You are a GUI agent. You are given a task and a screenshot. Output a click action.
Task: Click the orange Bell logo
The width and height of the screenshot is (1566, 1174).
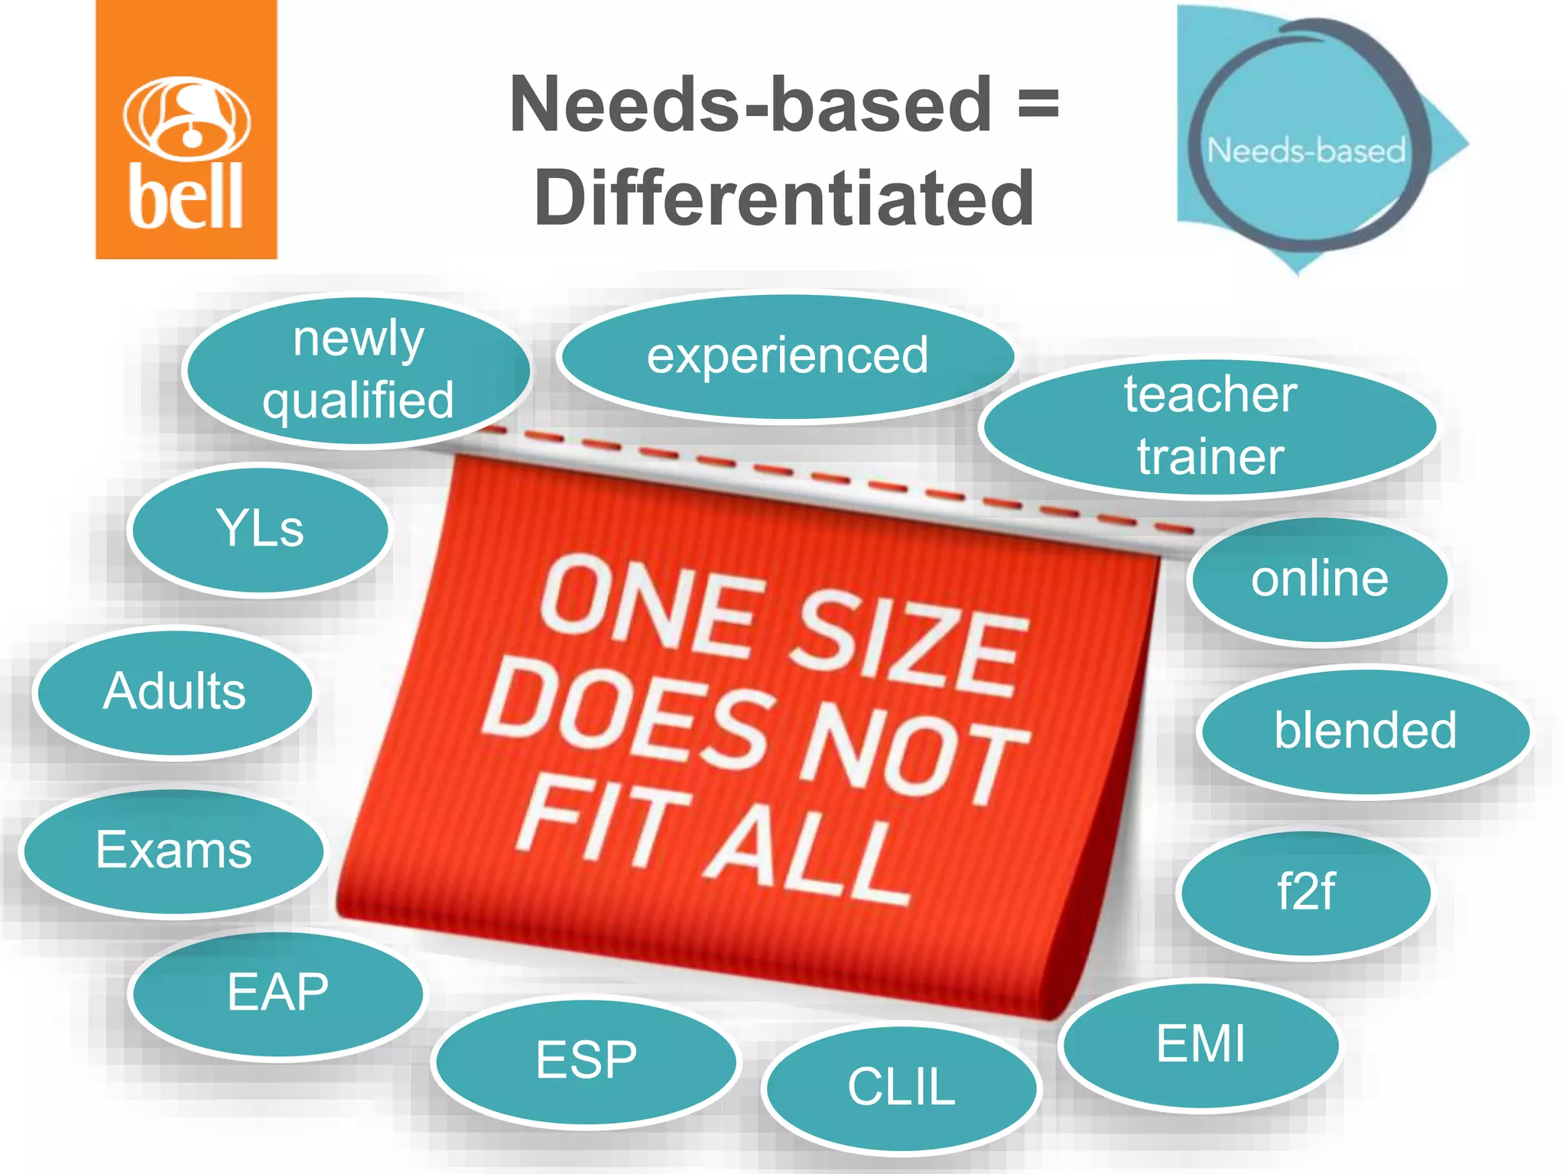[x=186, y=130]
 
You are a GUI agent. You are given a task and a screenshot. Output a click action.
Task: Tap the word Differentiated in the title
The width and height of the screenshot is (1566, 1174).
[x=785, y=198]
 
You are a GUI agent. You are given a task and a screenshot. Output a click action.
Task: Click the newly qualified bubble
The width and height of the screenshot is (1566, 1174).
[x=357, y=371]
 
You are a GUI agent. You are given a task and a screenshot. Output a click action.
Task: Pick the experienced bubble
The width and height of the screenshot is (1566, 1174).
[x=787, y=356]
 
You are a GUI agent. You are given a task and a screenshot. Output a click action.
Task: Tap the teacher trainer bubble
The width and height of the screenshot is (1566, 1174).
[x=1209, y=426]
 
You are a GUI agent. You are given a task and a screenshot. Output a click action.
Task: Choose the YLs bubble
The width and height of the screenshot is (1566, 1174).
[x=260, y=529]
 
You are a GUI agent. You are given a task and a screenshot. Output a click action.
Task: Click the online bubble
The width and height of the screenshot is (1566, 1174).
[x=1319, y=579]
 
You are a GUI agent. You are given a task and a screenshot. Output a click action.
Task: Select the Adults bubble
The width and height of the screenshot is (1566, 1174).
[x=174, y=692]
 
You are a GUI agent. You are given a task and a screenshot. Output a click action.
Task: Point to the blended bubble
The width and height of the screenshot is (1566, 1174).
[x=1365, y=731]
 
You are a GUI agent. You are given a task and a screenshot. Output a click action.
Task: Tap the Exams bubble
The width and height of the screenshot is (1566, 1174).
[x=174, y=851]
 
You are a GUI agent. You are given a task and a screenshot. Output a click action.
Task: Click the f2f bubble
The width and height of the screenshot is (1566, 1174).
[x=1305, y=892]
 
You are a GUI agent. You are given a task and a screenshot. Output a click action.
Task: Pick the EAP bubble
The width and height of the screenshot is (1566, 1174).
[x=277, y=993]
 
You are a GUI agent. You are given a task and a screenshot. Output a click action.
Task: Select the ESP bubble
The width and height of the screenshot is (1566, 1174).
[x=586, y=1061]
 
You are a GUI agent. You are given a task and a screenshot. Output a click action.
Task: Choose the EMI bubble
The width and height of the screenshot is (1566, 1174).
[x=1200, y=1044]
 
